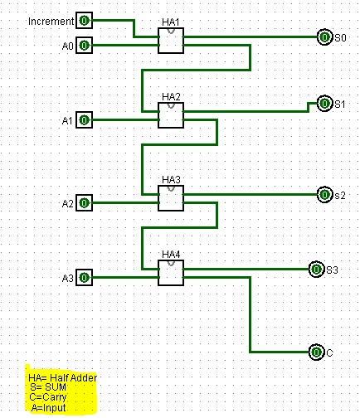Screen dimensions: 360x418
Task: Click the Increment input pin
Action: [85, 21]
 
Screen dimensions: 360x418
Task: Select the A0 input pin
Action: [85, 45]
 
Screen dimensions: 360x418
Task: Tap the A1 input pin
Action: [85, 120]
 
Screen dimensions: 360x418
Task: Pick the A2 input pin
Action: [85, 203]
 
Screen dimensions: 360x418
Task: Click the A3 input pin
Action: [85, 277]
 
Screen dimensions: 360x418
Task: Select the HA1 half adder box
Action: [171, 41]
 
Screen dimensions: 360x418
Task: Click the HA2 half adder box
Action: [171, 115]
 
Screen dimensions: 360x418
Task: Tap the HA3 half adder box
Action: [171, 198]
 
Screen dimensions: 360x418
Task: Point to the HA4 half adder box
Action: [171, 273]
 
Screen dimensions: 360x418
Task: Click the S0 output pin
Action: [324, 37]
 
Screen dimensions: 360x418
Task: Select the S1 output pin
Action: [324, 104]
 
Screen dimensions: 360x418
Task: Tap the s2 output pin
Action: [324, 195]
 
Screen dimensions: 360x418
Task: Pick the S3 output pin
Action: [316, 270]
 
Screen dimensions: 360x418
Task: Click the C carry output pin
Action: [316, 352]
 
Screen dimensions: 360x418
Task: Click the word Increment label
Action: [51, 22]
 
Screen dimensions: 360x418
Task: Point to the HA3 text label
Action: [171, 180]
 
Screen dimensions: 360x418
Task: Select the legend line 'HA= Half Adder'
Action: [63, 377]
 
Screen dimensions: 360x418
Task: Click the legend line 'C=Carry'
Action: [48, 397]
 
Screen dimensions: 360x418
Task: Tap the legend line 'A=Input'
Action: [49, 407]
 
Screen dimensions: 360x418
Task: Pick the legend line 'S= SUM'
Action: [48, 387]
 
